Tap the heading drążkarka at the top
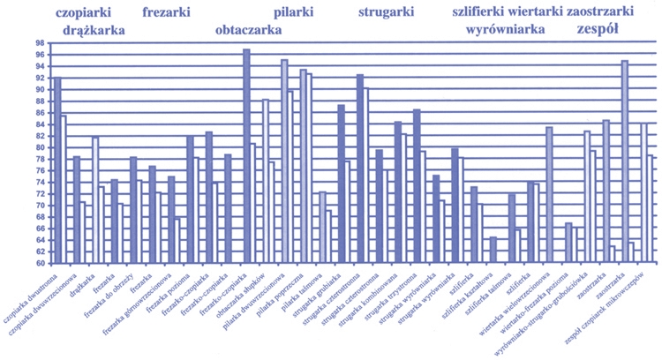[x=94, y=30]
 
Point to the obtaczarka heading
[x=248, y=30]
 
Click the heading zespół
[x=594, y=29]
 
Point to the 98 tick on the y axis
[x=40, y=43]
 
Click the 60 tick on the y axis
[x=40, y=263]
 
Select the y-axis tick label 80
[x=40, y=147]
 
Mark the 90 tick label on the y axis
[x=40, y=89]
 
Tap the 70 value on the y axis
[x=40, y=206]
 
